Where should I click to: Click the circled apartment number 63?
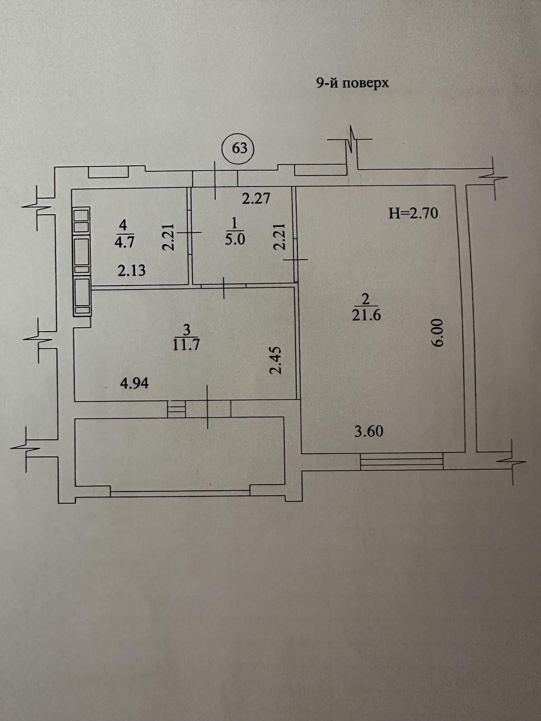[x=240, y=149]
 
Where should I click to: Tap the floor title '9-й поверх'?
[x=352, y=83]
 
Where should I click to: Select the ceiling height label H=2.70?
[x=413, y=214]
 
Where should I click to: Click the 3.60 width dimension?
[x=369, y=431]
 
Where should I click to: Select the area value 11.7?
[x=186, y=345]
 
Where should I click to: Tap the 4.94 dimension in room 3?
[x=134, y=383]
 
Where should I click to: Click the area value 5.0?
[x=235, y=240]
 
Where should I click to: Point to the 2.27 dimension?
[x=256, y=199]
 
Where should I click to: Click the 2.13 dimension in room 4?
[x=132, y=271]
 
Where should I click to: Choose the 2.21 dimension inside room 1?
[x=280, y=237]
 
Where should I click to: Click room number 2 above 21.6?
[x=366, y=299]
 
